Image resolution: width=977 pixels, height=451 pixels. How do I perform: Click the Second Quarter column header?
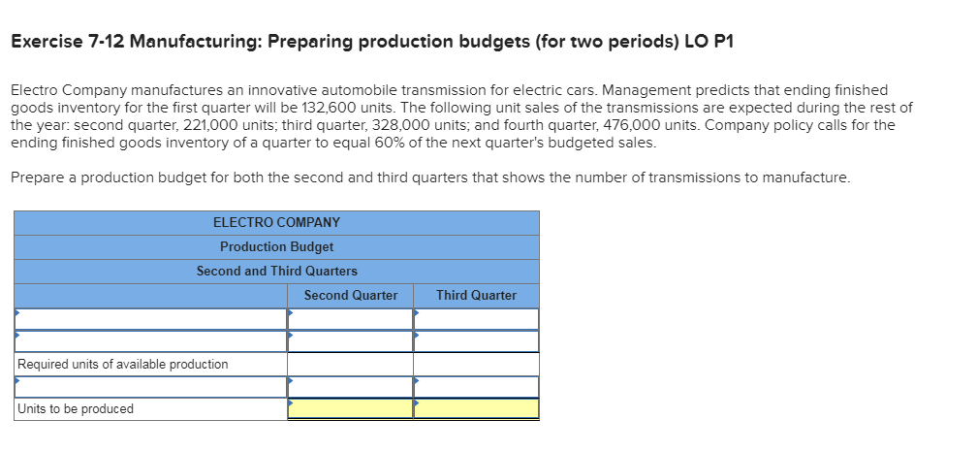pos(350,295)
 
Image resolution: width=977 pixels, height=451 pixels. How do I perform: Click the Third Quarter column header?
pos(476,295)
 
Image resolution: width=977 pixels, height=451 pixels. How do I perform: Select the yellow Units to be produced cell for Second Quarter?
pos(350,408)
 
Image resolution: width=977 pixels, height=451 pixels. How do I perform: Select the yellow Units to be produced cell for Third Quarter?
pos(476,408)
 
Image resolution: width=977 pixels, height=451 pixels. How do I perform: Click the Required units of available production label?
pos(123,364)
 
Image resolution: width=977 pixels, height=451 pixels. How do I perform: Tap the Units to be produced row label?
pos(76,408)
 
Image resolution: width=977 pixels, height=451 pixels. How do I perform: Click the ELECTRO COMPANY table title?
pos(276,222)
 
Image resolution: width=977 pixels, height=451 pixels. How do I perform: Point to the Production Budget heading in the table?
pos(276,246)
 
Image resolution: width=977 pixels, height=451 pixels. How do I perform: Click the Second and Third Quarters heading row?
pos(276,271)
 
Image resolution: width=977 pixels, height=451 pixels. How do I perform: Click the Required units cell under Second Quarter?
pos(350,364)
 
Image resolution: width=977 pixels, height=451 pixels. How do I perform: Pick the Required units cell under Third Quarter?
pos(476,364)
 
